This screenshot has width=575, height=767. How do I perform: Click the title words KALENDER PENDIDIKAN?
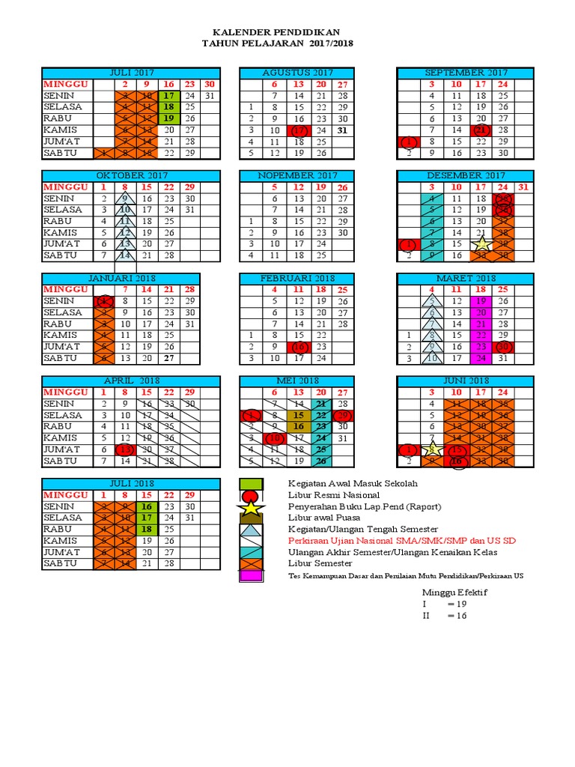(x=277, y=32)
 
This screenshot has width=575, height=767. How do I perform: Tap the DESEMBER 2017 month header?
(x=465, y=175)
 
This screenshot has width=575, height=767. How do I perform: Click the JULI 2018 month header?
(x=131, y=484)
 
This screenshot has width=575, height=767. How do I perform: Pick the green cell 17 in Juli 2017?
(x=169, y=96)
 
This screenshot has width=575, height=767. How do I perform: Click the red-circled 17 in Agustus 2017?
(x=300, y=130)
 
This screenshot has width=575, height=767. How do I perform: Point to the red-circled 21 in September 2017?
(x=481, y=130)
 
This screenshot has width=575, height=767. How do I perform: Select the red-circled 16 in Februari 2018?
(x=300, y=348)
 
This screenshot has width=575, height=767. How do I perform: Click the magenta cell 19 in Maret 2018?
(x=481, y=301)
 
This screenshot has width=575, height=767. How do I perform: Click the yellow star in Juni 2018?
(x=432, y=449)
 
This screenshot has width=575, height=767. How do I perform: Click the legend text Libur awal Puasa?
(x=323, y=518)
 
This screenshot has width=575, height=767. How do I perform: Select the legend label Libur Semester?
(x=321, y=563)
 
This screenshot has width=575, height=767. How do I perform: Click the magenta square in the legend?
(x=252, y=575)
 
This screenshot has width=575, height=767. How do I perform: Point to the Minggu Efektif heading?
(x=454, y=592)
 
